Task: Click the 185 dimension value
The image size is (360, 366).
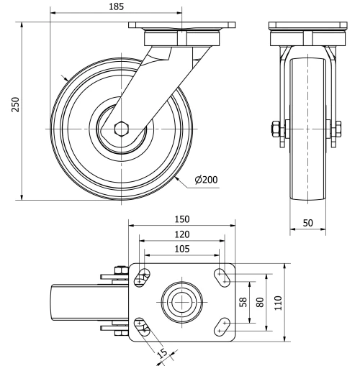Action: tap(115, 6)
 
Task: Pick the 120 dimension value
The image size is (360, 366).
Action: tap(181, 234)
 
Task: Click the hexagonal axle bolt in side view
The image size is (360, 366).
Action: tap(121, 129)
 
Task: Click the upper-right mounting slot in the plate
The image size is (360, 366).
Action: tap(222, 273)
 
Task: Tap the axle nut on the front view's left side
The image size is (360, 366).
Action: tap(275, 130)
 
